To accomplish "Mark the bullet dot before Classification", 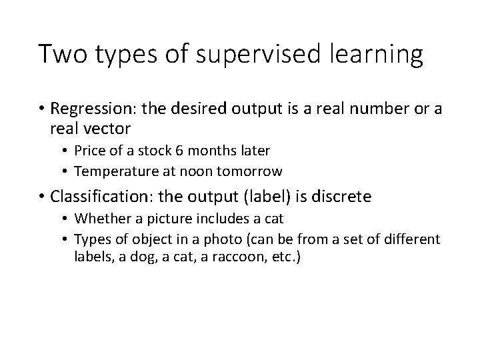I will point(41,197).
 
